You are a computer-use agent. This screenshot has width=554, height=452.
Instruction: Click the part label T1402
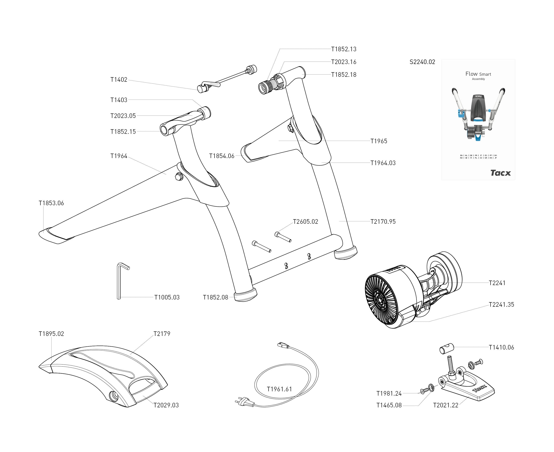[119, 80]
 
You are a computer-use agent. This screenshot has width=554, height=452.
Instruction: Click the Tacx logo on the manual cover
[500, 173]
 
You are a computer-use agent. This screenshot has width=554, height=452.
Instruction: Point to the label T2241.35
[501, 305]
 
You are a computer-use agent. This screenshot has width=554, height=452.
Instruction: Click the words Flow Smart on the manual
[478, 74]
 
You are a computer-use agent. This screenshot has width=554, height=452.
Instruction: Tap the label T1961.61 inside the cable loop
[279, 389]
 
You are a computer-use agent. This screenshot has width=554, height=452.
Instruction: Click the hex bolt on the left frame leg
[179, 177]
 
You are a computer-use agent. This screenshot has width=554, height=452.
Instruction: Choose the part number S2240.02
[422, 62]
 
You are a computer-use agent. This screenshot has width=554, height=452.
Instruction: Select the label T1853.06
[51, 203]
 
